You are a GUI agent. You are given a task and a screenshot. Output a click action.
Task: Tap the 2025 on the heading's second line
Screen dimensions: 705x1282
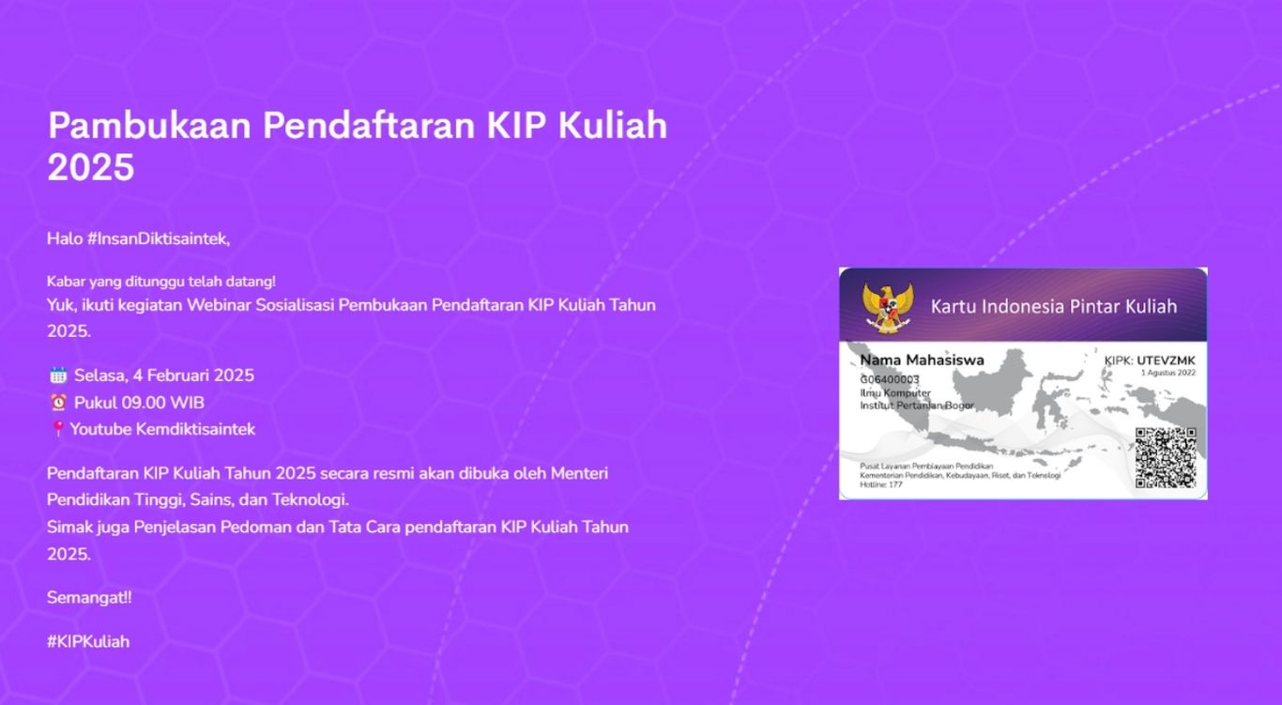(91, 169)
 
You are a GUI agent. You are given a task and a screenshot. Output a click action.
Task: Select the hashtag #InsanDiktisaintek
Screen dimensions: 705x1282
(158, 238)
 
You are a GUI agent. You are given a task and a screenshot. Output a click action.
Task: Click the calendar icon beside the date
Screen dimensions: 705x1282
(58, 375)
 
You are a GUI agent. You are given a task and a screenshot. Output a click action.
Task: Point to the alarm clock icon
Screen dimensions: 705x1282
(58, 403)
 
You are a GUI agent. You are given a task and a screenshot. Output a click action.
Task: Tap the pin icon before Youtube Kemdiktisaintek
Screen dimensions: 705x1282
(57, 429)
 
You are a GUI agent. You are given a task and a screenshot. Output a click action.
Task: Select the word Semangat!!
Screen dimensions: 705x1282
(89, 597)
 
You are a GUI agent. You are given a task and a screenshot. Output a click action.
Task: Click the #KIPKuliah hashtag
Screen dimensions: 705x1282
(88, 642)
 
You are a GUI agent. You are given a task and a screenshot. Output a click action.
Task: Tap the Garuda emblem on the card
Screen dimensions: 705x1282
(886, 305)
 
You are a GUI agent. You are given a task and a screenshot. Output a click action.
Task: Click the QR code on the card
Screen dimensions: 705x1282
(1165, 457)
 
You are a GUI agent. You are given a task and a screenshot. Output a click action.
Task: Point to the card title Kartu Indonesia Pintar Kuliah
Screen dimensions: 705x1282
(1053, 306)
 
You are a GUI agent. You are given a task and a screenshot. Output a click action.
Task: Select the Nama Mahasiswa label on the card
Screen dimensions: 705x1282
(922, 360)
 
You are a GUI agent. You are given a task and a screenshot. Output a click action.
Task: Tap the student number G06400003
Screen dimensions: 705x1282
(890, 379)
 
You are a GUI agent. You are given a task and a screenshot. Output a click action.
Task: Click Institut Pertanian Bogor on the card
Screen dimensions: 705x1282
(917, 406)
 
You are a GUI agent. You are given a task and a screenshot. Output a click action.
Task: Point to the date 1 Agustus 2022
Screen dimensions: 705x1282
(1168, 373)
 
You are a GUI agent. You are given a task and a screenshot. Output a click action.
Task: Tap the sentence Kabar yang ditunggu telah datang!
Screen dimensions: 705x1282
(161, 282)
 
